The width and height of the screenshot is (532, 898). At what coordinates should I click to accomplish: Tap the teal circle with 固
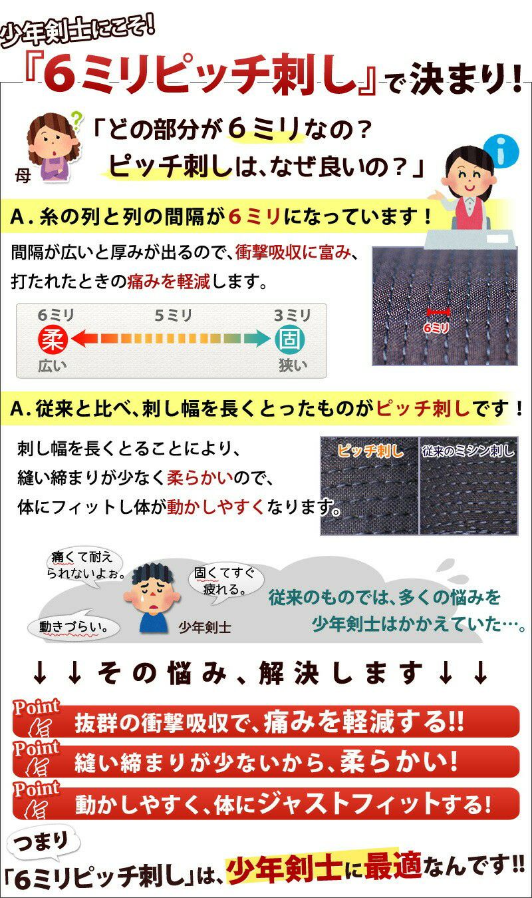tap(290, 339)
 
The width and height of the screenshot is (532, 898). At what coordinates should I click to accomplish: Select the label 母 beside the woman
tap(23, 175)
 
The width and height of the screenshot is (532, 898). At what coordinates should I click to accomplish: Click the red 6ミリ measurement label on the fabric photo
tap(436, 328)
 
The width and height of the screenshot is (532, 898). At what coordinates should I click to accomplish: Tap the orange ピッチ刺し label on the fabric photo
tap(370, 451)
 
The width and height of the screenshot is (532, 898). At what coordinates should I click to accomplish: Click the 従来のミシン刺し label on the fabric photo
tap(468, 451)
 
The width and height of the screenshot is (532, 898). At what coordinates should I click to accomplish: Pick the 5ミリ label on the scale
tap(174, 316)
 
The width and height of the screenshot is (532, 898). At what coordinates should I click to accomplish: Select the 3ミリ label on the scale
tap(293, 316)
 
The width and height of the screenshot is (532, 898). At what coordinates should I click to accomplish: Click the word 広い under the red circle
tap(52, 365)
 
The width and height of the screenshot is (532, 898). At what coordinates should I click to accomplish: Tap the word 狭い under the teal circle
tap(293, 365)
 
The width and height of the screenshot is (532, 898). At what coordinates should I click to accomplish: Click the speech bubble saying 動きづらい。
tap(74, 626)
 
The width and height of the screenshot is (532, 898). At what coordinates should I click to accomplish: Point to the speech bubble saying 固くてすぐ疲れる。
tap(226, 581)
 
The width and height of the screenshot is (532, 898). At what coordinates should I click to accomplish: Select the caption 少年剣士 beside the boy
tap(205, 627)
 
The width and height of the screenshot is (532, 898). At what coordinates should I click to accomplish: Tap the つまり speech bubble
tap(42, 842)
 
